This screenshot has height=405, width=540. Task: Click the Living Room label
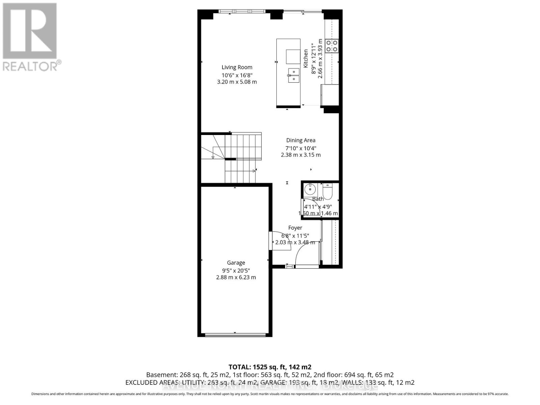237,67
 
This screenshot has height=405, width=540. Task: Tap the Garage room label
236,263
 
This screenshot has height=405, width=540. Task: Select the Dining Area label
301,140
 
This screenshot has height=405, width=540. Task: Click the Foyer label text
295,228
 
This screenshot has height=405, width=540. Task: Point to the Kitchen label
306,58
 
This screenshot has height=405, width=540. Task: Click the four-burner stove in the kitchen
332,46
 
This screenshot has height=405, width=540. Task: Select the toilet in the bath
328,191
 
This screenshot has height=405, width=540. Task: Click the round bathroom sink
309,189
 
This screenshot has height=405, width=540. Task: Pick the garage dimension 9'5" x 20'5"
236,270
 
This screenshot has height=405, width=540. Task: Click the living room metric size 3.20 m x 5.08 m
237,82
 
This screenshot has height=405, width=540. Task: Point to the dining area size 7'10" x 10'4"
301,148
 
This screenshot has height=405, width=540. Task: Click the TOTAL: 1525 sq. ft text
270,367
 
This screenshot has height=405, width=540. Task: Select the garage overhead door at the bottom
235,335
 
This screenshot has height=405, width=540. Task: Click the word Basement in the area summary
161,375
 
